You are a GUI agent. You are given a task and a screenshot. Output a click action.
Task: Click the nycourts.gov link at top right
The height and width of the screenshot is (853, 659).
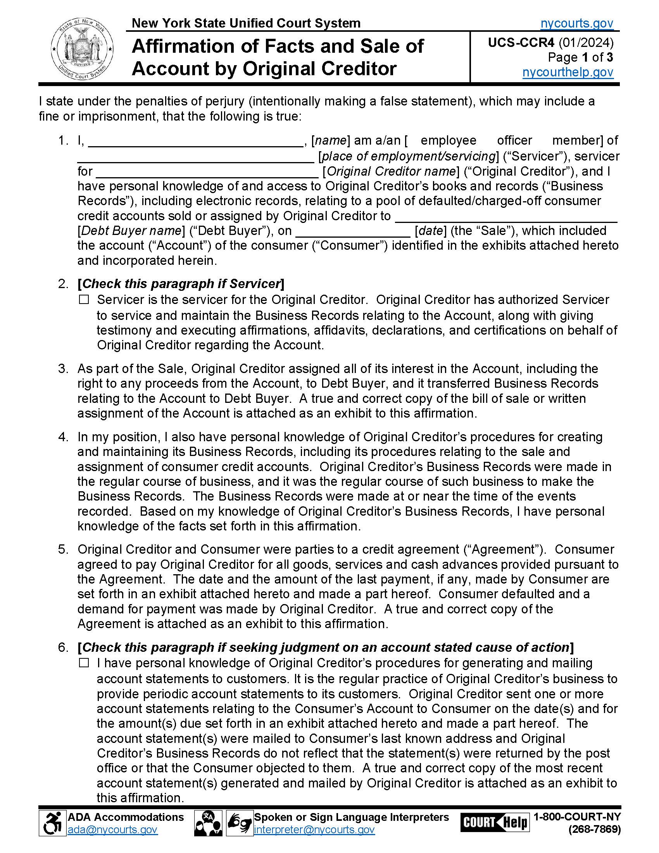577,24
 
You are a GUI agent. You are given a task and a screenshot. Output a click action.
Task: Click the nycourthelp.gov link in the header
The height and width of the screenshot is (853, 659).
568,72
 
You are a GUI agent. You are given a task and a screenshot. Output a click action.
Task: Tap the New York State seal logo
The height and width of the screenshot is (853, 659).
82,50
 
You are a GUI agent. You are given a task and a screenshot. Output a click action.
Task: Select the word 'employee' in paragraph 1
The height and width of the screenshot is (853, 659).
448,140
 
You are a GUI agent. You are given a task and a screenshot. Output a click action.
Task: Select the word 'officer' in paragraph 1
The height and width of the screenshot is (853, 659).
514,140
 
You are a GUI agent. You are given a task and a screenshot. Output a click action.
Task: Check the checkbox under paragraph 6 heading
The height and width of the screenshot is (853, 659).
84,663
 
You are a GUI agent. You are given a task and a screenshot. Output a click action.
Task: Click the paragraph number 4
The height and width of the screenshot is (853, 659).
62,437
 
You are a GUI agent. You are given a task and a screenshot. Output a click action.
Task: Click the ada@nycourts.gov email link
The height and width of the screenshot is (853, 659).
112,830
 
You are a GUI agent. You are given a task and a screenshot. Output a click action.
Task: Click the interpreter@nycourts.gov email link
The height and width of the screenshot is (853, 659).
314,830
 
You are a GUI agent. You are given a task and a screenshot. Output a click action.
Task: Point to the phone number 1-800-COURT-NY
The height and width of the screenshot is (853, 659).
577,817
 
